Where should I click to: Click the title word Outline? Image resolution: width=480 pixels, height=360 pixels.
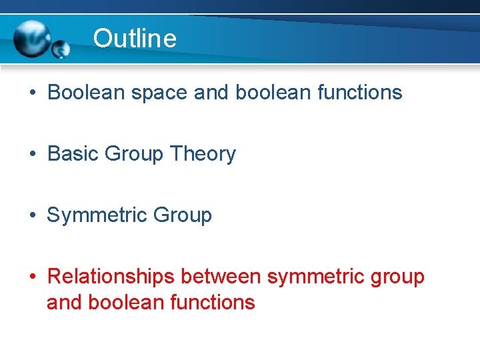pyautogui.click(x=135, y=39)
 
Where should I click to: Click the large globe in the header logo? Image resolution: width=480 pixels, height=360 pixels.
pyautogui.click(x=33, y=39)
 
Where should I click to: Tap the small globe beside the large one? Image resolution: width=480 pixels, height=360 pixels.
pyautogui.click(x=61, y=49)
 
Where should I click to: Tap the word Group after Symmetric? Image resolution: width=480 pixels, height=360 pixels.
pyautogui.click(x=182, y=215)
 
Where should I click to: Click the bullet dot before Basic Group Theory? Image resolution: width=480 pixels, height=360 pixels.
pyautogui.click(x=33, y=155)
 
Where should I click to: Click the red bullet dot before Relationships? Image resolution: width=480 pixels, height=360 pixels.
pyautogui.click(x=33, y=277)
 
